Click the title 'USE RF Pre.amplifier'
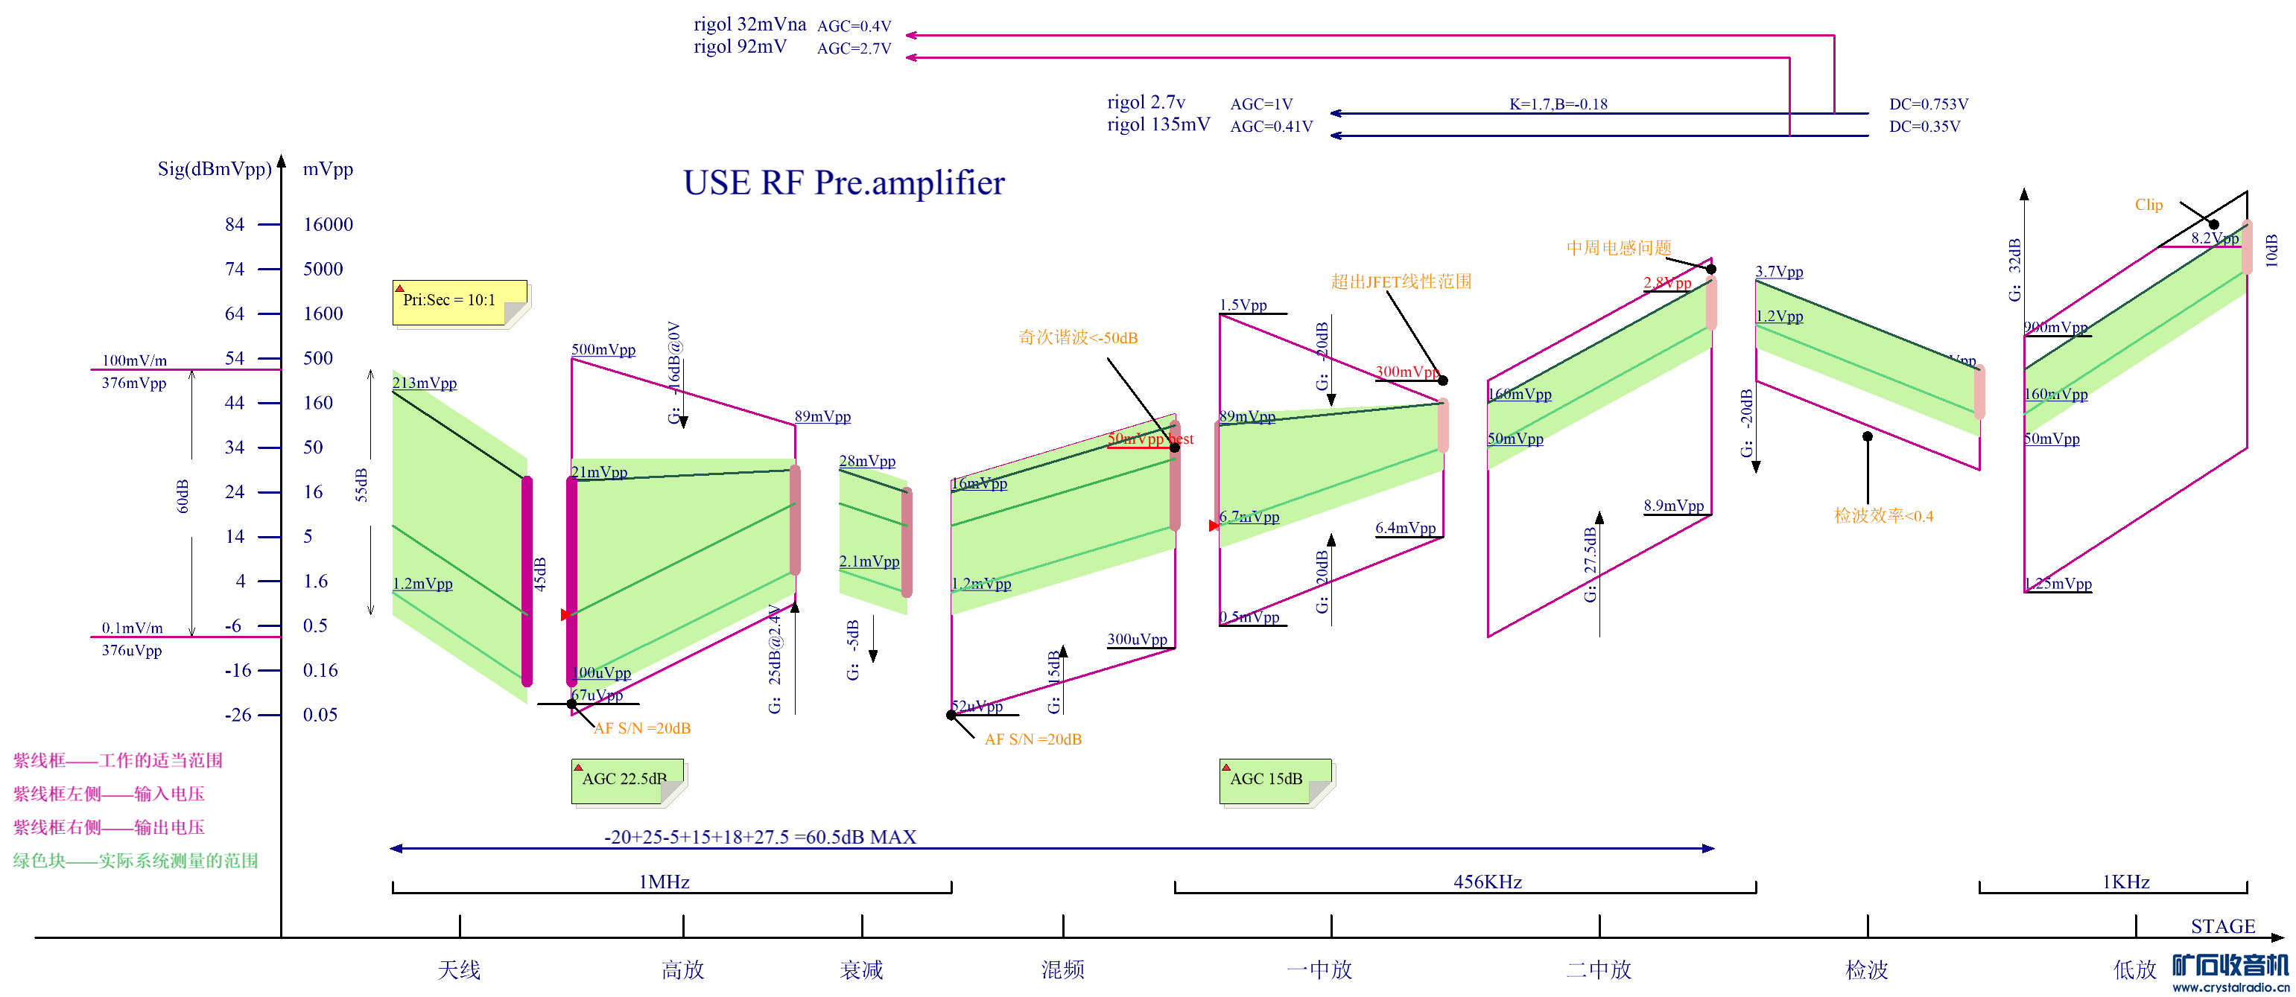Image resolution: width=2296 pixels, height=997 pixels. click(843, 182)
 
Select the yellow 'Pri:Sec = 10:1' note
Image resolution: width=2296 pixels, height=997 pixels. click(458, 302)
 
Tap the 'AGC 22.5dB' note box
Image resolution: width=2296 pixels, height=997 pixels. click(627, 780)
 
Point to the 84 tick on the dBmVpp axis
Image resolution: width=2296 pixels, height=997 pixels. click(235, 225)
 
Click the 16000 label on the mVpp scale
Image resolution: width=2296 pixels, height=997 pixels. click(328, 225)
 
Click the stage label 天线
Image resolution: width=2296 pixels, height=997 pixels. click(459, 969)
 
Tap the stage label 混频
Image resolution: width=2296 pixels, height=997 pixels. click(1062, 969)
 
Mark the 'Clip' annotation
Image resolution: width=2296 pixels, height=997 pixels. click(2148, 205)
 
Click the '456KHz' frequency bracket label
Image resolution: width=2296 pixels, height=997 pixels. click(1487, 882)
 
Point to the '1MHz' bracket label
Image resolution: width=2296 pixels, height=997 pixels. click(664, 882)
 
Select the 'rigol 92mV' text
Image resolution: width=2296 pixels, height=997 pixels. click(740, 46)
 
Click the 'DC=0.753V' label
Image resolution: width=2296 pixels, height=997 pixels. click(1928, 104)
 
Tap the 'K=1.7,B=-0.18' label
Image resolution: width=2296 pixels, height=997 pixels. click(1558, 104)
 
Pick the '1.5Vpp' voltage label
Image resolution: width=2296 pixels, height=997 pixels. click(1243, 305)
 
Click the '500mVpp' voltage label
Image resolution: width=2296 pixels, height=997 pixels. click(603, 349)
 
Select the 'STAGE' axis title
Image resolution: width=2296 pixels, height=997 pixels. click(2222, 926)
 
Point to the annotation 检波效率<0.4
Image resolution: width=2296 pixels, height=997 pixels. click(1883, 516)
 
